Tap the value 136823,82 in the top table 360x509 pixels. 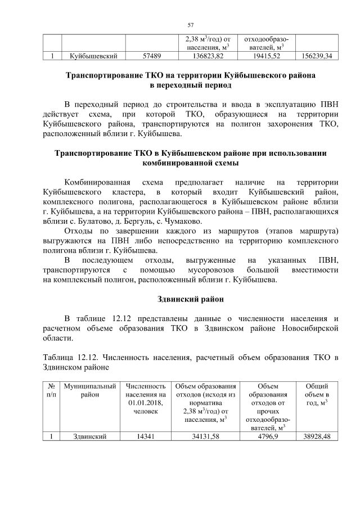coord(208,57)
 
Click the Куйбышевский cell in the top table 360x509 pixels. coord(93,57)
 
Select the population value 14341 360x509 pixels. coord(147,436)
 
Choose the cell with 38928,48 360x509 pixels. coord(316,436)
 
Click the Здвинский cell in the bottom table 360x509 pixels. coord(90,436)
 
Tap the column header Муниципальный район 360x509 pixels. coord(90,391)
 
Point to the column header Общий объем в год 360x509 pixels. coord(316,395)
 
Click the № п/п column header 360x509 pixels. coord(52,391)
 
